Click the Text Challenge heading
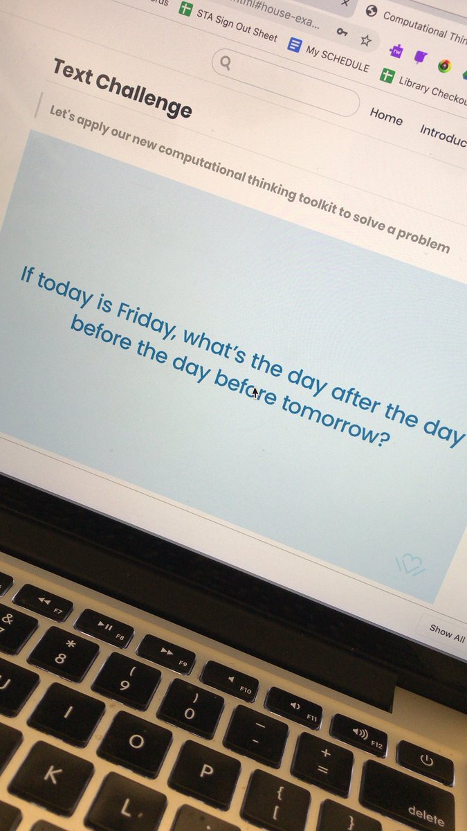click(122, 89)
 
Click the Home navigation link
click(386, 116)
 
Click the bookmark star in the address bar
click(366, 40)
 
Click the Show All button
click(446, 632)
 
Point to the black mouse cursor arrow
click(255, 393)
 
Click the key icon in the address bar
click(342, 32)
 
